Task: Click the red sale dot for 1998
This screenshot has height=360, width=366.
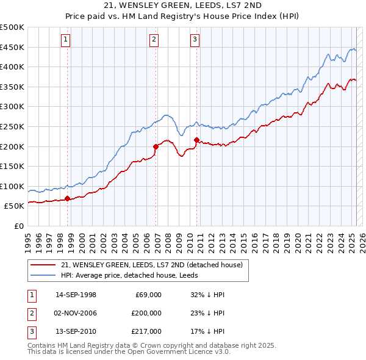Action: pyautogui.click(x=67, y=198)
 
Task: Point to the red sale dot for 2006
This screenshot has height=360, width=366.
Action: pyautogui.click(x=156, y=146)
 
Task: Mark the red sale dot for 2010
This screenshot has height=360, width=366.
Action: pyautogui.click(x=196, y=140)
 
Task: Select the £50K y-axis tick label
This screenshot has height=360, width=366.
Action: pyautogui.click(x=15, y=206)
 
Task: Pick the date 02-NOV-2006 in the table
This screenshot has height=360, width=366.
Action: pyautogui.click(x=76, y=313)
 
